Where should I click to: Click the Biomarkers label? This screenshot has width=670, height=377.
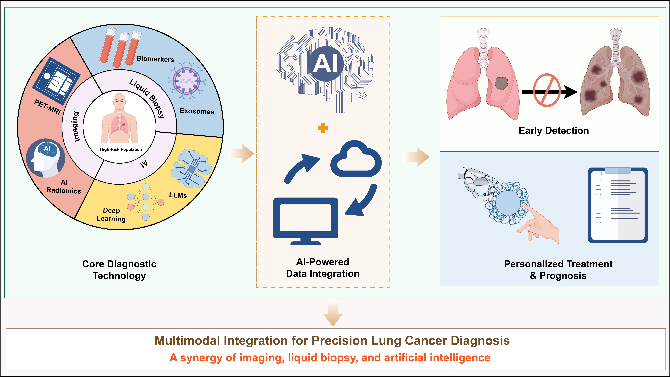coord(155,59)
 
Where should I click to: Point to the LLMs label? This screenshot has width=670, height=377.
coord(178,195)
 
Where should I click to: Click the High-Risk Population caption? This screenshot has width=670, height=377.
coord(121,149)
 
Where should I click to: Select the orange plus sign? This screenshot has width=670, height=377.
coord(323,128)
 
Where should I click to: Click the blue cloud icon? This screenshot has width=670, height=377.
coord(356,159)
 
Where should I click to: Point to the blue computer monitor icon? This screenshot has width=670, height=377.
coord(306,221)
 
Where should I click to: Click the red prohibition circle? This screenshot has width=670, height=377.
coord(547,90)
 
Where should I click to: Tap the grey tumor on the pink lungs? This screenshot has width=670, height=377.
coord(501,83)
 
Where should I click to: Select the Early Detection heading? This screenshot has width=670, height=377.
coord(554,131)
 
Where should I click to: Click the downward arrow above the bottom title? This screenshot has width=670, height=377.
coord(333,313)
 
